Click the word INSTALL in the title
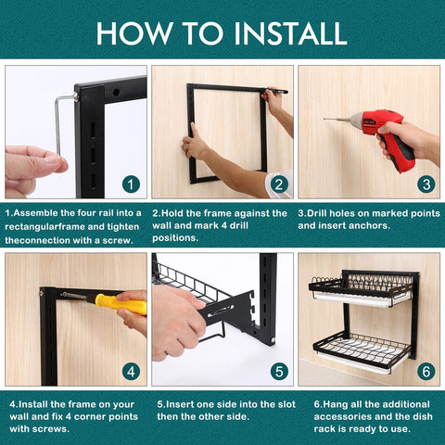[x=290, y=33]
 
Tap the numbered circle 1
[x=131, y=184]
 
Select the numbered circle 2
[x=279, y=184]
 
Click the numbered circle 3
[x=426, y=184]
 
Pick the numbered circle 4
[x=131, y=372]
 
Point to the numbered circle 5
[x=279, y=372]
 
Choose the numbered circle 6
[x=426, y=372]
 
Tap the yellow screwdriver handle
[x=121, y=304]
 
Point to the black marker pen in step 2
[x=276, y=91]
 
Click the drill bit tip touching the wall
[x=324, y=119]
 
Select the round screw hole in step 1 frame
[x=116, y=92]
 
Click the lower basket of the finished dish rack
[x=362, y=351]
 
